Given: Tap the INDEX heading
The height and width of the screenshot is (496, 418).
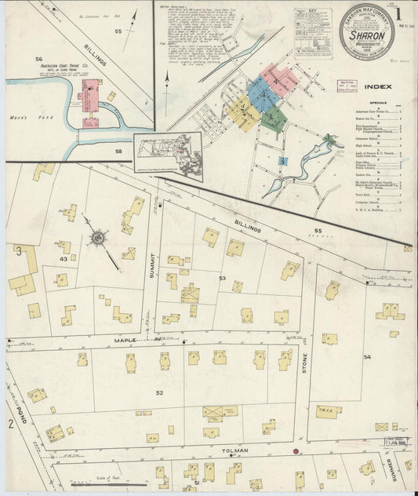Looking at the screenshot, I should [x=378, y=86].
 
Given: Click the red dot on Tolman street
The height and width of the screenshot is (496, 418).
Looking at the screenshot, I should [x=296, y=451].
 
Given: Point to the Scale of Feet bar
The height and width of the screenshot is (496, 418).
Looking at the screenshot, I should [x=110, y=484].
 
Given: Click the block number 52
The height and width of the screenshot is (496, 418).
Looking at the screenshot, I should [x=159, y=392].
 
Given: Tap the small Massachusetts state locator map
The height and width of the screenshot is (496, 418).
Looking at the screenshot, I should [x=167, y=150].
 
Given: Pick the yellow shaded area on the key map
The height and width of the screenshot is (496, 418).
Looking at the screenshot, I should [x=242, y=114].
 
